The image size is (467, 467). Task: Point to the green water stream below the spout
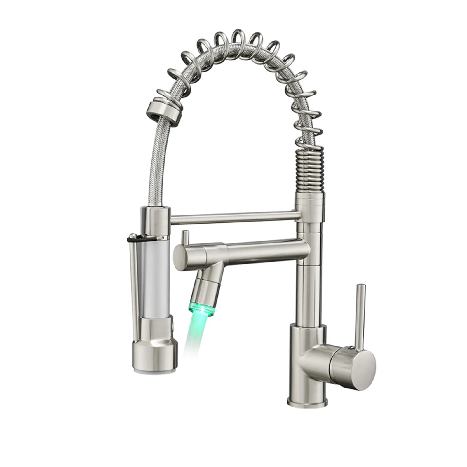pos(193,336)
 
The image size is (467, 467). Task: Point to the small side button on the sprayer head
pos(174,324)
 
